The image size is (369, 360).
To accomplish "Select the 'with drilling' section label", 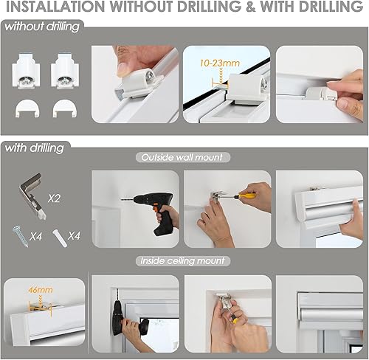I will [34, 148].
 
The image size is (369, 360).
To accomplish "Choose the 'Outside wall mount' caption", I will [182, 156].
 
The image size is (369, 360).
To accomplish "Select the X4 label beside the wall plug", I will [75, 236].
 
